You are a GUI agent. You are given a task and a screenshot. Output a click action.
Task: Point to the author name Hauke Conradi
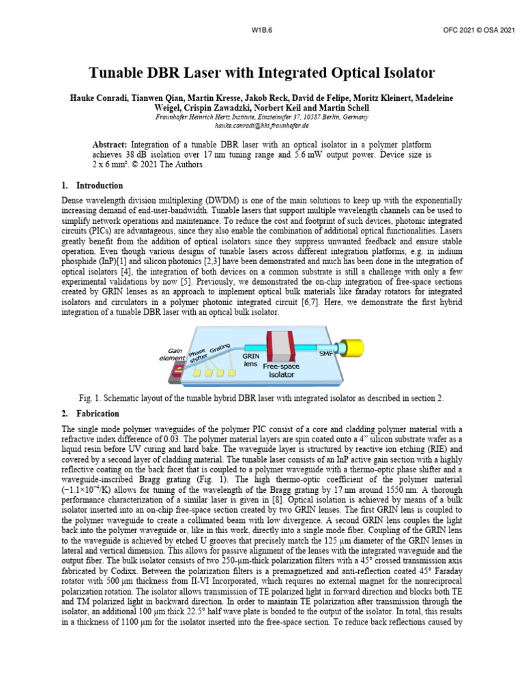(x=103, y=98)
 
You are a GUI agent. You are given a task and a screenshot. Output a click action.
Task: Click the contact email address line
(x=262, y=126)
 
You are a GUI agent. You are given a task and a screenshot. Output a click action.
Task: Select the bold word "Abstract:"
(x=109, y=146)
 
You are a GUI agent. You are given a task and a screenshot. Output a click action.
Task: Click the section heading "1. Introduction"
(x=91, y=186)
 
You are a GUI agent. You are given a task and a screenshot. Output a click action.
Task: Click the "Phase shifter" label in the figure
(x=201, y=353)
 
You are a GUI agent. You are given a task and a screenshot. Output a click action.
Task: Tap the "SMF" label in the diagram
(x=325, y=354)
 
